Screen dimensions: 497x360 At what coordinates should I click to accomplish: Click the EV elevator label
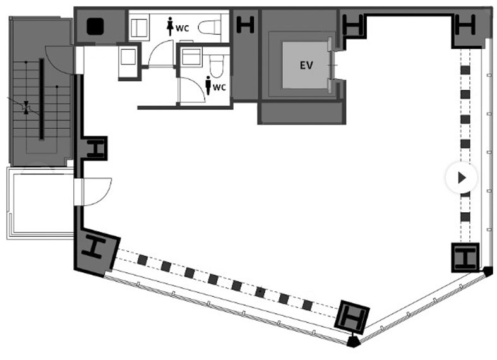coord(306,65)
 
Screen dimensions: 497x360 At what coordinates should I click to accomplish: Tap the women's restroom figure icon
coord(171,26)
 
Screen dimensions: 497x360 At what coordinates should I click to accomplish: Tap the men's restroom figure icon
coord(208,85)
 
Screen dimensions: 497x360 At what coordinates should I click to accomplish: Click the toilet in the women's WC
coord(210,27)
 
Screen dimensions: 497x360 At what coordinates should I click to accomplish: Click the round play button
coord(462,177)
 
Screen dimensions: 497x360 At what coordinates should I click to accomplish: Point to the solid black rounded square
coord(95,27)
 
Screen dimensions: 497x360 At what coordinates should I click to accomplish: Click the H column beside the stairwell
coord(96,148)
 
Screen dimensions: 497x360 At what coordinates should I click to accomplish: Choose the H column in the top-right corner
coord(465,25)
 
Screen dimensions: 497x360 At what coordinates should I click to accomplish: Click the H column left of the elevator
coord(246,25)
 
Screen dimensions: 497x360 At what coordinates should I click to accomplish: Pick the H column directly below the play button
coord(465,256)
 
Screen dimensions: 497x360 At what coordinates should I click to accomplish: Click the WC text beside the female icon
coord(183,28)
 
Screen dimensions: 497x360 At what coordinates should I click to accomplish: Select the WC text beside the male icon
coord(219,87)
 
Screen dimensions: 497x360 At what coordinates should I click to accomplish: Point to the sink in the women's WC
coord(139,28)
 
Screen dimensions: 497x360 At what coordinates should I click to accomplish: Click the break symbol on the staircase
coord(27,107)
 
